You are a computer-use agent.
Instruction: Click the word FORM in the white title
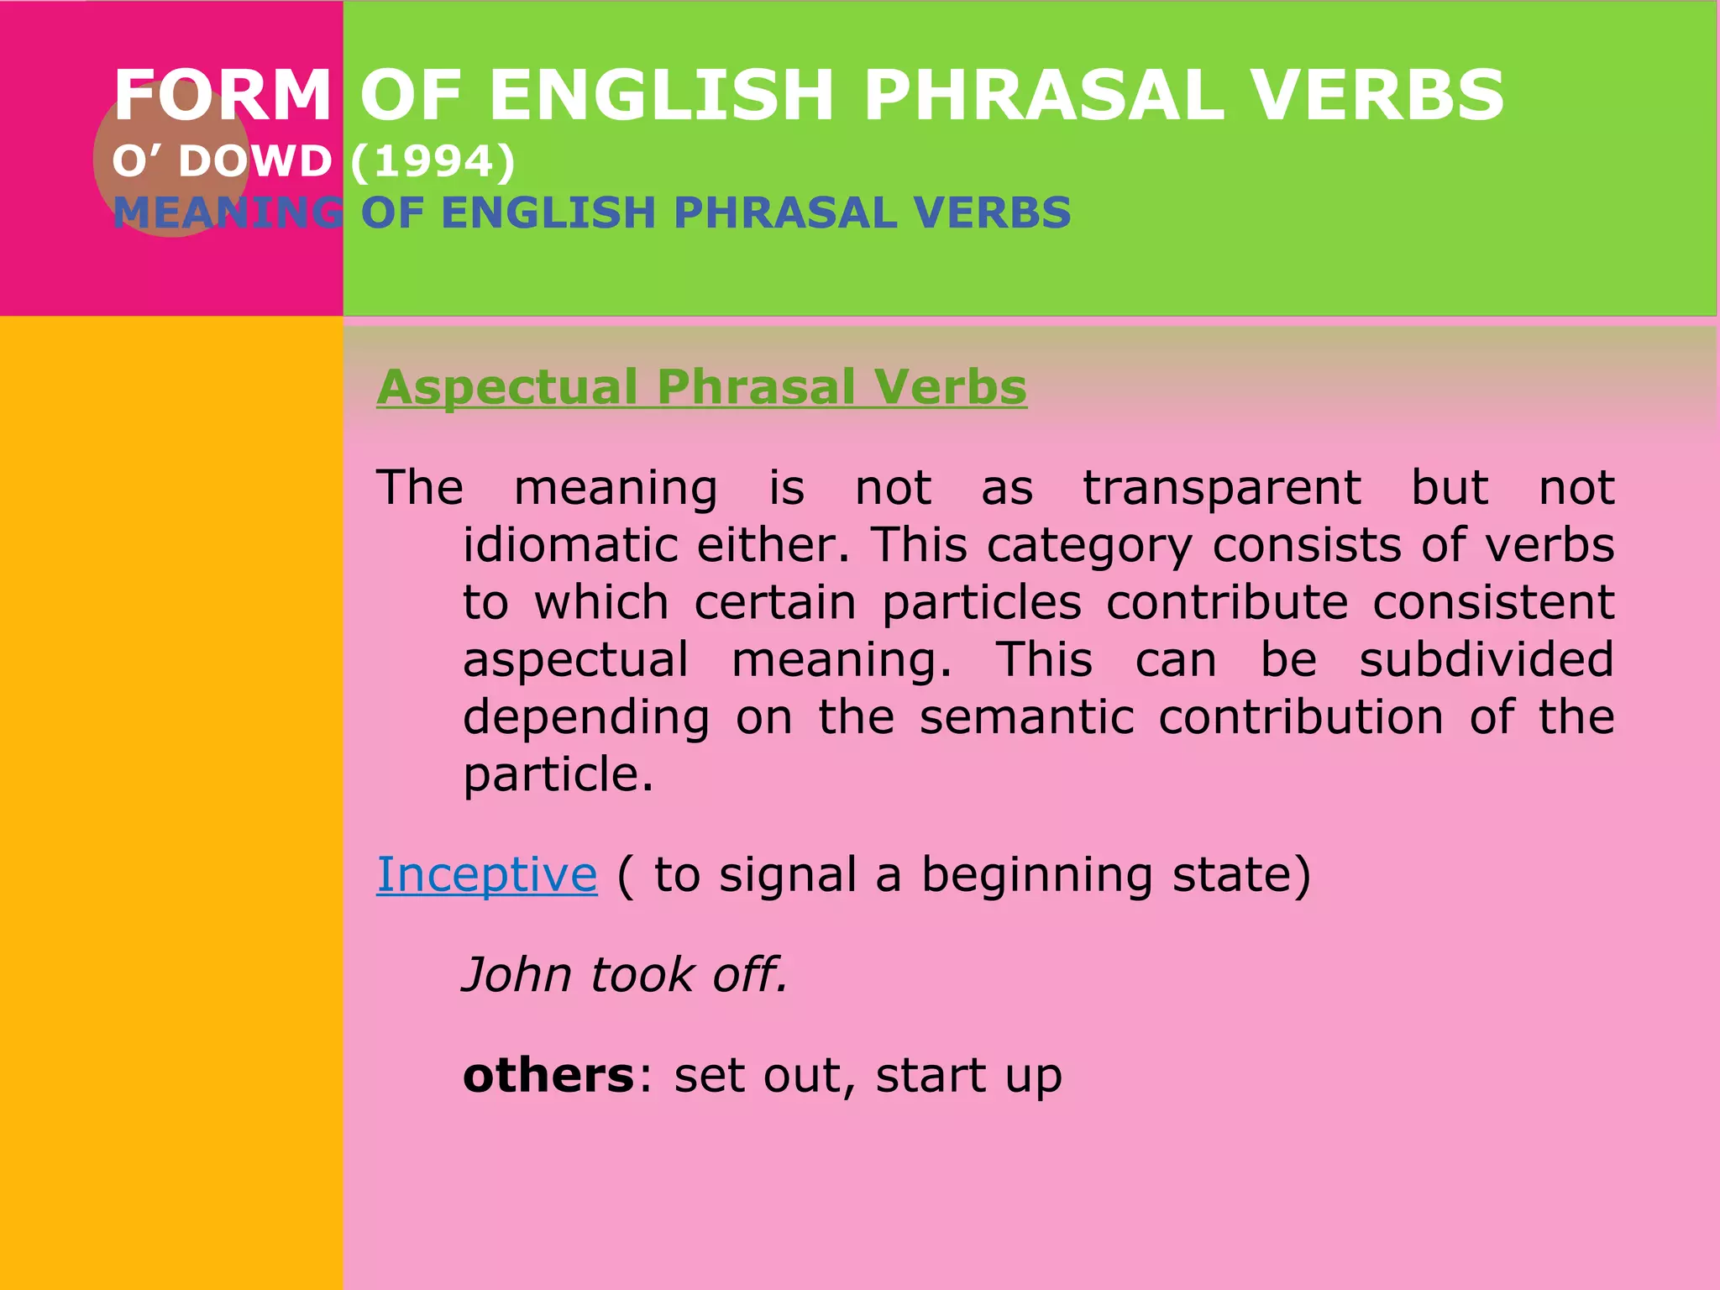coord(223,95)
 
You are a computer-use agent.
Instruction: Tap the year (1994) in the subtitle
coord(433,161)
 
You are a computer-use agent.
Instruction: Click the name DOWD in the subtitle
coord(255,161)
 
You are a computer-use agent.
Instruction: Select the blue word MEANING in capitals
coord(228,212)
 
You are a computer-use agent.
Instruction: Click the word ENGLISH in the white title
coord(660,95)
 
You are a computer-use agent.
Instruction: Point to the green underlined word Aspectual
coord(507,387)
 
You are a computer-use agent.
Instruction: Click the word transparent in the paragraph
coord(1221,489)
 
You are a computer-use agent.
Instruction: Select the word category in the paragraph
coord(1088,547)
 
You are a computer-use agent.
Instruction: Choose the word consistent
coord(1492,603)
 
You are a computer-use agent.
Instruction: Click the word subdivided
coord(1486,659)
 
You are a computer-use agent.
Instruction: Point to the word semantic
coord(1026,717)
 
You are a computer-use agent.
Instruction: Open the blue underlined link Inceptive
coord(486,875)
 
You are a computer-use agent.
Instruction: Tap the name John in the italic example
coord(516,975)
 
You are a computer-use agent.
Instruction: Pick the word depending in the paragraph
coord(586,719)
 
